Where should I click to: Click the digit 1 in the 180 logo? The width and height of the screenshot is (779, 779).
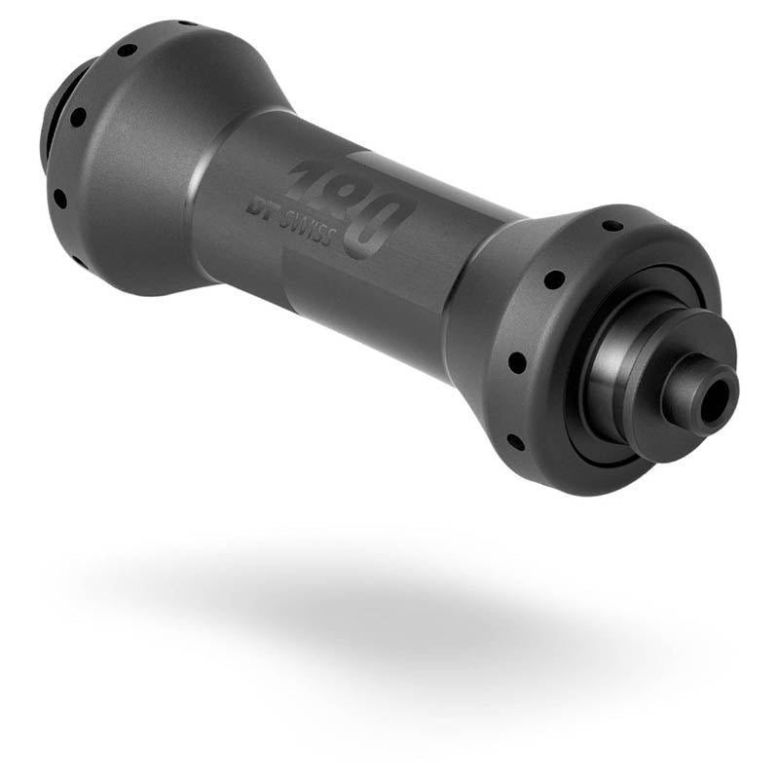pos(310,179)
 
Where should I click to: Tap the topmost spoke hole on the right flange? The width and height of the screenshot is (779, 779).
pos(612,225)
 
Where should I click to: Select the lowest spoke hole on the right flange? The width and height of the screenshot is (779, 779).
pos(514,441)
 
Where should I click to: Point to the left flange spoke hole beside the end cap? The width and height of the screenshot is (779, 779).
pos(78,118)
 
